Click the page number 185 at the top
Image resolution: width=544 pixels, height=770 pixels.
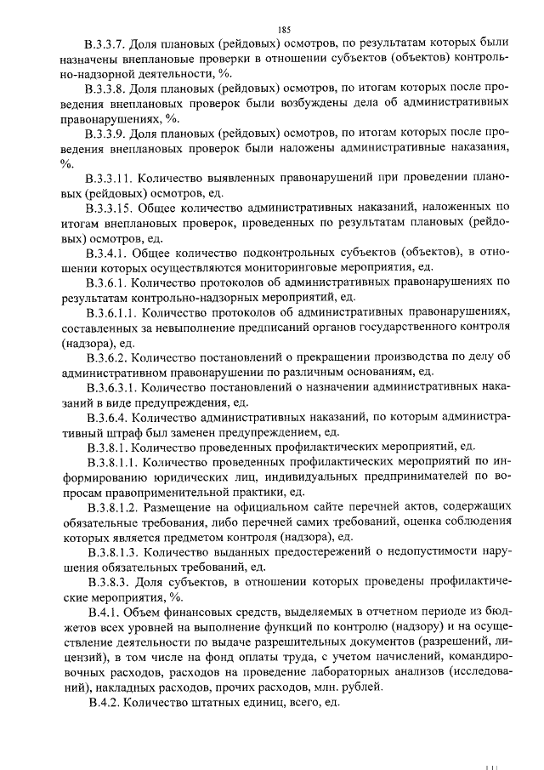click(272, 29)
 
